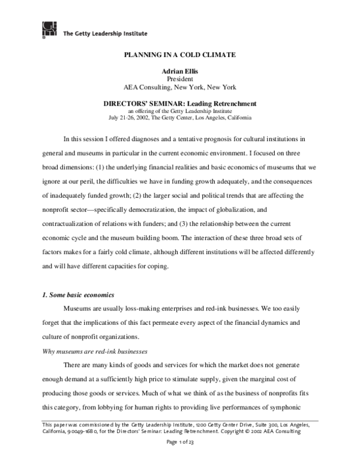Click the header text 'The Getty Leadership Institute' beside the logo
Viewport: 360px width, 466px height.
(x=105, y=34)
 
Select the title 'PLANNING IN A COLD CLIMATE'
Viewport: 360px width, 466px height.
(x=179, y=55)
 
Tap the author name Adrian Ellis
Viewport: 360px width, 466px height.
(x=179, y=71)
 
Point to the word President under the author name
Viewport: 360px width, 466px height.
(x=179, y=79)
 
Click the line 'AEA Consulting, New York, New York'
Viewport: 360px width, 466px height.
(x=179, y=86)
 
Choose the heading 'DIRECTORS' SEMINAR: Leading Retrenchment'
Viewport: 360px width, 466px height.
(x=179, y=103)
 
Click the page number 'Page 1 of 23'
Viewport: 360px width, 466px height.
(x=179, y=443)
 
